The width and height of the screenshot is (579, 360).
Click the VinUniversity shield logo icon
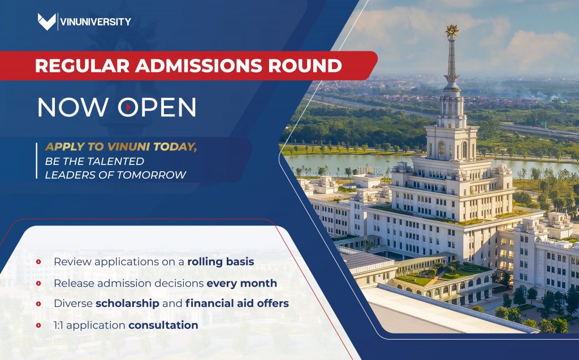[46, 21]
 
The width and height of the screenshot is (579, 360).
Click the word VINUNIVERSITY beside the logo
[95, 22]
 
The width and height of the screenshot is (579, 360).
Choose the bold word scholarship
[127, 303]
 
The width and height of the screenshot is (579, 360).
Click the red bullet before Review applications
[38, 262]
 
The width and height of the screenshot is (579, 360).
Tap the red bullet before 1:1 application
[38, 325]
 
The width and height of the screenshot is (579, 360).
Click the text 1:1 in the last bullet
[59, 325]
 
